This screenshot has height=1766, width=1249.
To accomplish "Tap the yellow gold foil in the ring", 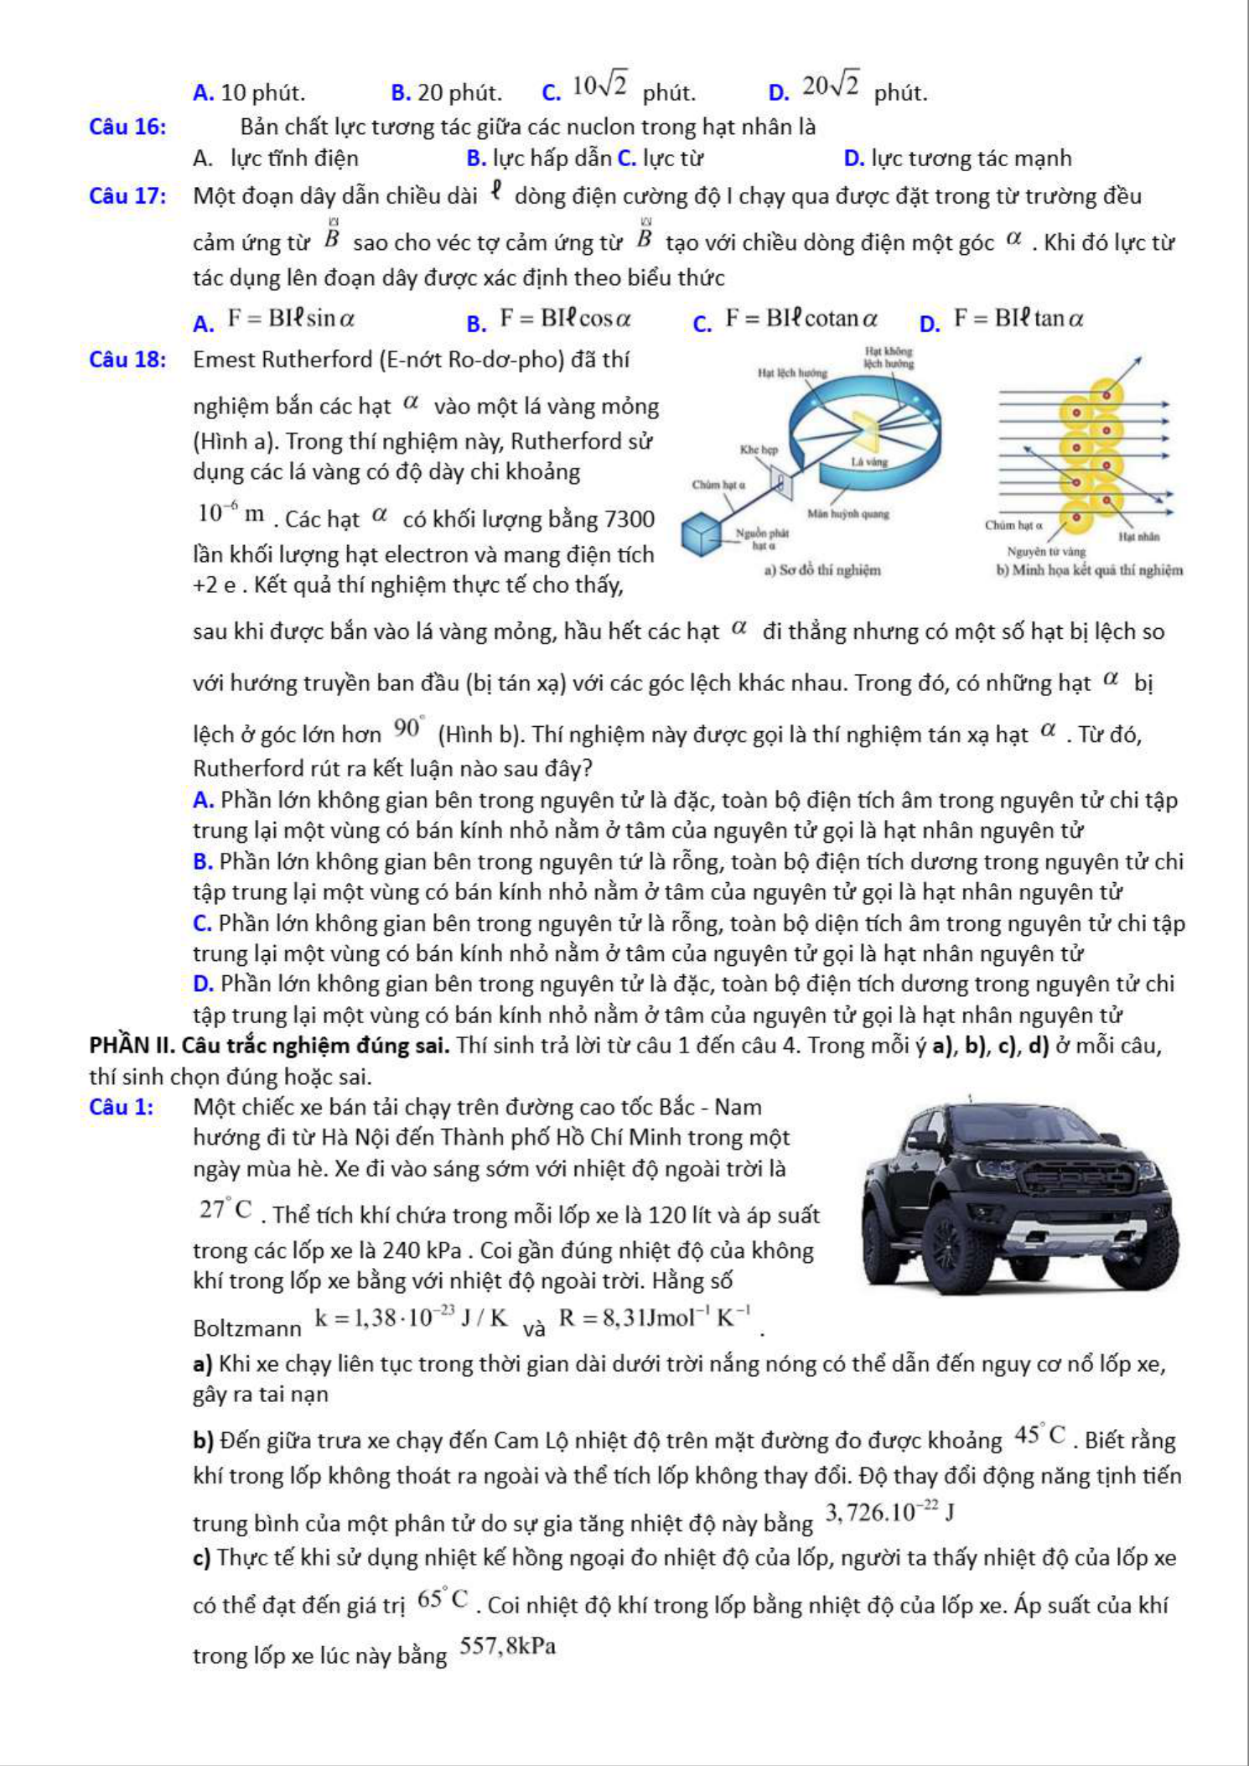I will (x=863, y=429).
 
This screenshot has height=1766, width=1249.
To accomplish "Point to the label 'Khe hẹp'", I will (x=759, y=449).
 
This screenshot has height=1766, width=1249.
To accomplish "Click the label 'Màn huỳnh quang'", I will (x=847, y=513).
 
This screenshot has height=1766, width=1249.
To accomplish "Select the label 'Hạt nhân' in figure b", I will (x=1138, y=536).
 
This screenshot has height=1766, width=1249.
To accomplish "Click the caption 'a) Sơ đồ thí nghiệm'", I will (x=822, y=570).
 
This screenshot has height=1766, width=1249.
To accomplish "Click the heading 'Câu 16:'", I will (x=127, y=127).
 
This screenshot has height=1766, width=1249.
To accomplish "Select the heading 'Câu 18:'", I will (x=127, y=360).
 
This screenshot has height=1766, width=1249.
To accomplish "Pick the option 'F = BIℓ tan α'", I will (x=1018, y=319).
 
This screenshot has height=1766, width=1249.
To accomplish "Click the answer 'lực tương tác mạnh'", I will (x=971, y=158).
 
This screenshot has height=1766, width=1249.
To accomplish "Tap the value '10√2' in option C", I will (x=600, y=85).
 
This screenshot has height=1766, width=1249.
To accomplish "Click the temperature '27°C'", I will (x=225, y=1209).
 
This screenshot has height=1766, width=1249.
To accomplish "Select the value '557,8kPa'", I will (x=508, y=1647).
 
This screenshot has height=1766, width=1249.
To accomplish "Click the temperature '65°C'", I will (x=443, y=1599).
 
